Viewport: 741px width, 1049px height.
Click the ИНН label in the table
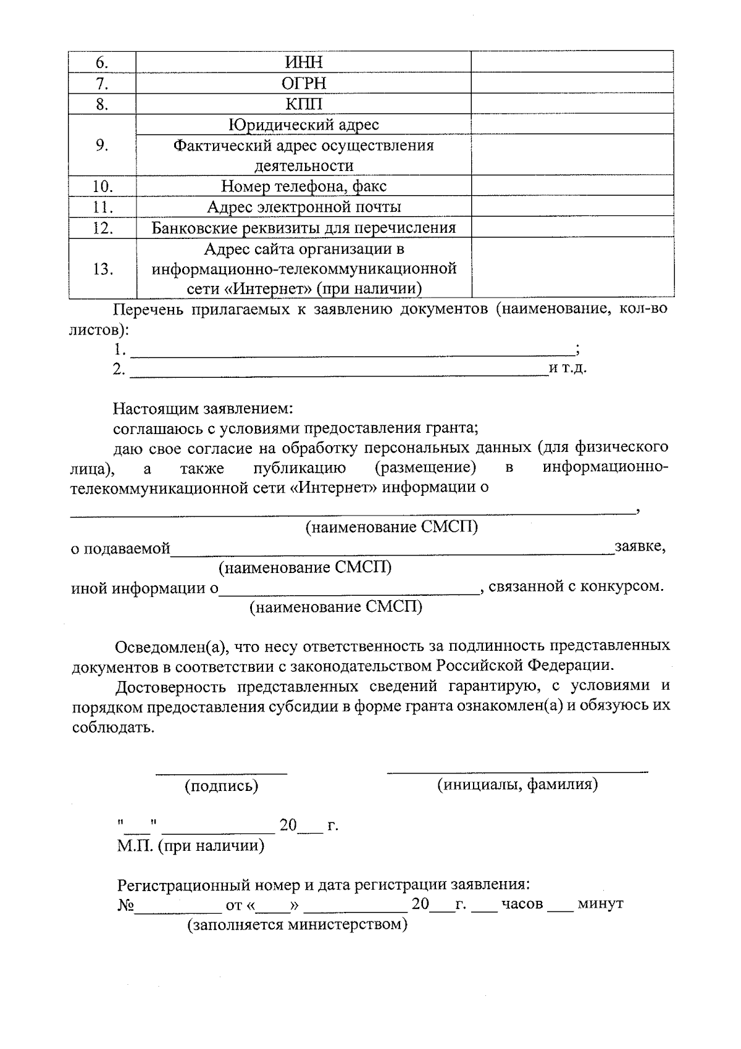pos(304,62)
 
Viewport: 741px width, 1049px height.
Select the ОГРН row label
pos(304,83)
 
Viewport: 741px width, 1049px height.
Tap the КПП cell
pos(304,104)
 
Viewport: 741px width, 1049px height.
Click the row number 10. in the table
pos(103,186)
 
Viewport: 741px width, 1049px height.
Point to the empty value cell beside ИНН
pos(572,62)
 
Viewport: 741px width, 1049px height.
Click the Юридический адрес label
pos(304,125)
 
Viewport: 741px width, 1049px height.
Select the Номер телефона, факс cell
pos(304,186)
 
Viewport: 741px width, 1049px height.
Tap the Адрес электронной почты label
pos(304,207)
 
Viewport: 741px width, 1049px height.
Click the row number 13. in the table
pos(103,269)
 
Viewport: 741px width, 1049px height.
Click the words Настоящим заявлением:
pos(203,409)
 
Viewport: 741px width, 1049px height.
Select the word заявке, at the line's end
pos(640,547)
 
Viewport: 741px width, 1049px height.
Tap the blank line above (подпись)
pos(221,771)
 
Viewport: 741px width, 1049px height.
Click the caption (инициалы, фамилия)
pos(517,785)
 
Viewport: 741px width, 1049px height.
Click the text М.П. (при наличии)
pos(191,846)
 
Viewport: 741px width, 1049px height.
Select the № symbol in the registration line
pos(125,905)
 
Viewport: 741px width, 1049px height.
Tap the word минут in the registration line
pos(600,904)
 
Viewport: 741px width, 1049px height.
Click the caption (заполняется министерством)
pos(298,925)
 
